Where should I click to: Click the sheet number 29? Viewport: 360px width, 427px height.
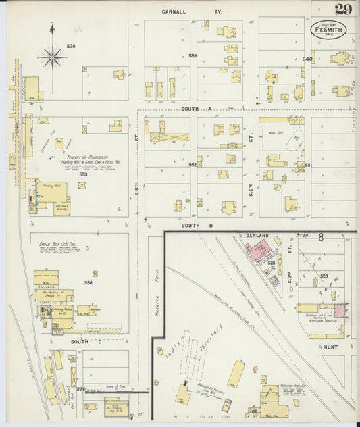342,9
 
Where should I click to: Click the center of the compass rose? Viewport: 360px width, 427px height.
52,56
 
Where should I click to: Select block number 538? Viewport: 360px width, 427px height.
70,46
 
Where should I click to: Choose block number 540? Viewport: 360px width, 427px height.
307,59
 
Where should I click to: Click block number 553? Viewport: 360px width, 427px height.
83,174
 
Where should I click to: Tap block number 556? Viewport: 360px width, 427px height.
88,282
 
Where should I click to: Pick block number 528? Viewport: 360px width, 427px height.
272,263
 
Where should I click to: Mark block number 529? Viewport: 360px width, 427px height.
324,276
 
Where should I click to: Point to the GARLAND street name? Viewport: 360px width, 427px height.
257,236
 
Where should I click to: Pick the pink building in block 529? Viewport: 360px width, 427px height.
341,310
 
